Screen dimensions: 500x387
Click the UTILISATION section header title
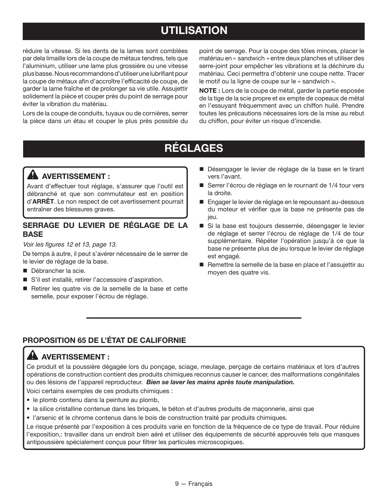tap(193, 30)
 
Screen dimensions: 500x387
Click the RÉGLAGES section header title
tap(193, 148)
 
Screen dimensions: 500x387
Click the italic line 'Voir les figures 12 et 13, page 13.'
tap(69, 244)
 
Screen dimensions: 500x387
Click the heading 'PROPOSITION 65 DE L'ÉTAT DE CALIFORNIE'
tap(104, 340)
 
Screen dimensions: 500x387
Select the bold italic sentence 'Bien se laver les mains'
tap(220, 382)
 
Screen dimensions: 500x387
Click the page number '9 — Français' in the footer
tap(193, 484)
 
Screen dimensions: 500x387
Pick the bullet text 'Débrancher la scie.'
tap(53, 271)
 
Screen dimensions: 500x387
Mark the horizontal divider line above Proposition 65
tap(193, 318)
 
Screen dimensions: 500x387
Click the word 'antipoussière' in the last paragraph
tap(45, 442)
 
